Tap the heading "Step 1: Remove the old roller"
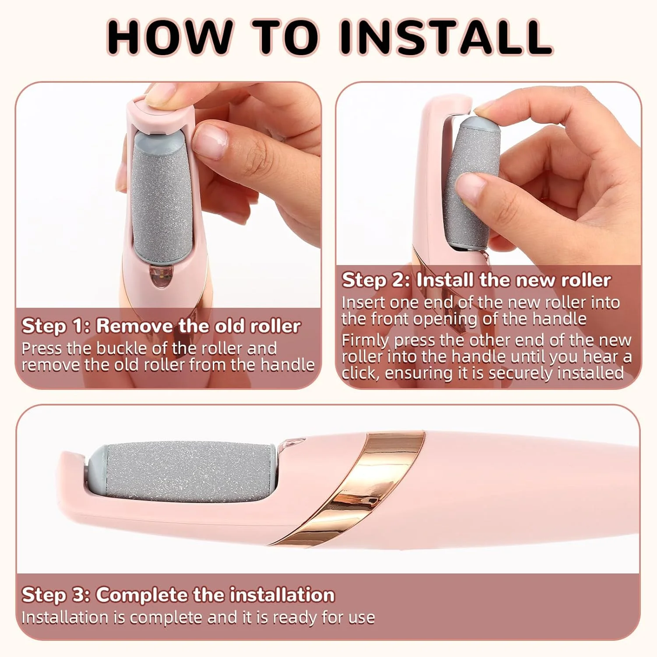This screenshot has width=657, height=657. click(161, 326)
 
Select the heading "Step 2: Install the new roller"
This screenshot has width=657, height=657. click(476, 280)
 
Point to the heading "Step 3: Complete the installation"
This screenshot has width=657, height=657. click(178, 595)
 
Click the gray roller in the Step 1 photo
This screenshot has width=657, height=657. click(163, 197)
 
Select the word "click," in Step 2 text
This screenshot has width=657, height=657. click(360, 373)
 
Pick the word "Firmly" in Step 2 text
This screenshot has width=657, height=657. click(365, 340)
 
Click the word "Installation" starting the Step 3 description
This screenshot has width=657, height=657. click(65, 618)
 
